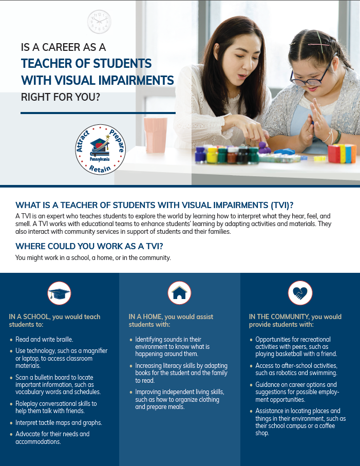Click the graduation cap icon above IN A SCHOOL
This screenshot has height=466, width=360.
coord(59,293)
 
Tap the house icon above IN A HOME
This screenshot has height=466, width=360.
coord(179,293)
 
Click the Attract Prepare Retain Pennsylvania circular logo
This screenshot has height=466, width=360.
coord(100,150)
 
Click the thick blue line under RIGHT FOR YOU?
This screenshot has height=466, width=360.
coord(98,113)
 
